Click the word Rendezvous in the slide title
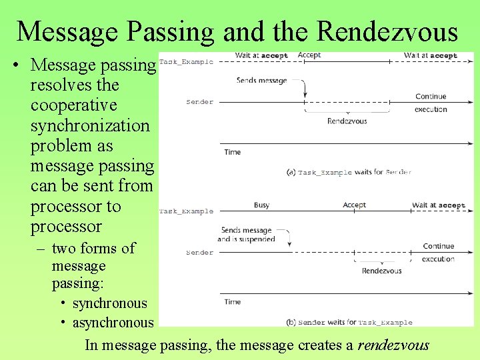coord(387,31)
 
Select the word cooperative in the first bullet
coord(73,105)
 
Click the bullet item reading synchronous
coord(109,303)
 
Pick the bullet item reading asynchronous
coord(113,323)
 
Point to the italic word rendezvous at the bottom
coord(393,345)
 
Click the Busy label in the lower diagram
coord(261,205)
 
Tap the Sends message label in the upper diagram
coord(261,81)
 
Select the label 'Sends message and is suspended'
coord(246,235)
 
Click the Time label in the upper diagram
coord(233,152)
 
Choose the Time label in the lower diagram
coord(233,302)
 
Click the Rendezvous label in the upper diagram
coord(347,121)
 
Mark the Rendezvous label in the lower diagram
coord(381,271)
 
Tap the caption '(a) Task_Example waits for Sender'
coord(348,172)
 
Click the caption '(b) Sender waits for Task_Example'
coord(349,323)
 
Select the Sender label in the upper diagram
coord(199,102)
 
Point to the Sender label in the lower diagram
coord(199,253)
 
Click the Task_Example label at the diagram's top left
coord(187,61)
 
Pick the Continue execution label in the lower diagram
coord(438,253)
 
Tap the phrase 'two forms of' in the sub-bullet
coord(93,248)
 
